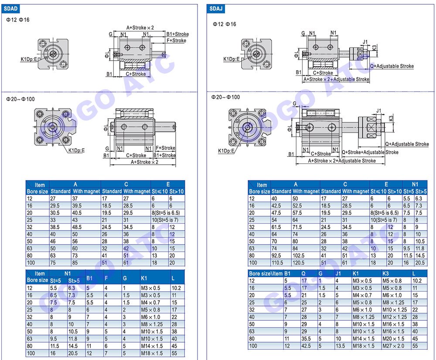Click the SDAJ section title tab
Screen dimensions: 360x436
[x=216, y=8]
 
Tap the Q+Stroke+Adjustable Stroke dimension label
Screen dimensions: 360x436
[x=370, y=153]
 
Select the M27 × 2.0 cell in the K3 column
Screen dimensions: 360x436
[x=393, y=346]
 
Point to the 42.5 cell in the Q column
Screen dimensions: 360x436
[x=307, y=346]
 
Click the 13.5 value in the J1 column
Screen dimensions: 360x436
[x=340, y=346]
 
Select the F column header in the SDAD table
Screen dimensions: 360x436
[x=106, y=278]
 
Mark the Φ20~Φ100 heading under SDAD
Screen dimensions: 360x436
[x=20, y=99]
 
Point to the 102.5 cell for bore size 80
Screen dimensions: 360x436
[x=300, y=256]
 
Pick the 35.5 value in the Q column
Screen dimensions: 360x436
[x=307, y=338]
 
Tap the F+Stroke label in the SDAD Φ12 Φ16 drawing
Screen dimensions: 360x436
[x=176, y=41]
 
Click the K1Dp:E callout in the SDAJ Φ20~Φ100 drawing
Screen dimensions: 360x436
[x=226, y=151]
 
